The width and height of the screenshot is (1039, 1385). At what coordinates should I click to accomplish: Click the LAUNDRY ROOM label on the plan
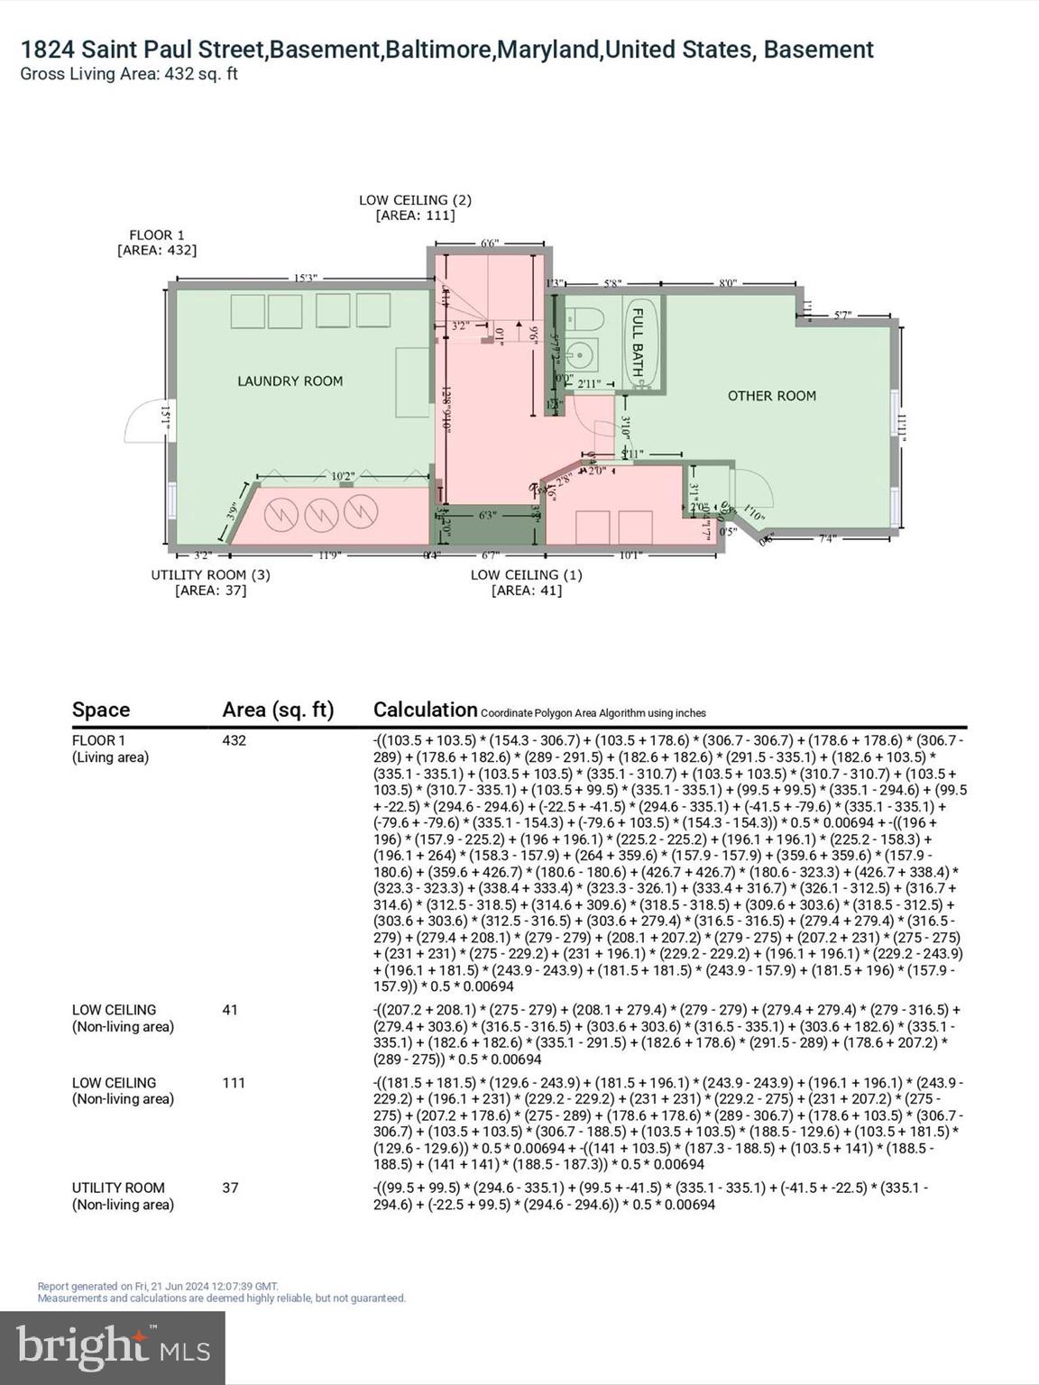[290, 381]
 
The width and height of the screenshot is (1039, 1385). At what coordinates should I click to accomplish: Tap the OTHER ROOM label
[771, 396]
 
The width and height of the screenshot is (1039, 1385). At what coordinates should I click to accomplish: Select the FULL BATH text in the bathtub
[637, 343]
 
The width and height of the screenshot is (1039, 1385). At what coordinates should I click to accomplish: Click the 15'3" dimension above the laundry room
[305, 279]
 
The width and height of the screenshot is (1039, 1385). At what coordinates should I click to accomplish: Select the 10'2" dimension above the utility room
[343, 476]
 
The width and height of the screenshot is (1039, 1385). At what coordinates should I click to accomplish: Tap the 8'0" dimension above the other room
[728, 283]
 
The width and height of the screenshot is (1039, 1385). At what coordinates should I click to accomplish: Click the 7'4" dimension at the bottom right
[826, 538]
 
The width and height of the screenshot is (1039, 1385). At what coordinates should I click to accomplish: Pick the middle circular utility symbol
[321, 515]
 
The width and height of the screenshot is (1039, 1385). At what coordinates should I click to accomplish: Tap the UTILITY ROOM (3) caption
[210, 574]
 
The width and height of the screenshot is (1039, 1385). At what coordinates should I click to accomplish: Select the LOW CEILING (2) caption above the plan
[415, 200]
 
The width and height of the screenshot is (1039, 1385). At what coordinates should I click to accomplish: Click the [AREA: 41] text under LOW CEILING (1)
[526, 591]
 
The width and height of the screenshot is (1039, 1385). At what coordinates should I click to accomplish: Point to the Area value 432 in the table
[234, 740]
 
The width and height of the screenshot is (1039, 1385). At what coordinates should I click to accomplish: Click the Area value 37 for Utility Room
[230, 1188]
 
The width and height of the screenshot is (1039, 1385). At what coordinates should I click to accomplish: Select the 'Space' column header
[101, 710]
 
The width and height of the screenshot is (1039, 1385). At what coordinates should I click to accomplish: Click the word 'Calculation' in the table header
[425, 710]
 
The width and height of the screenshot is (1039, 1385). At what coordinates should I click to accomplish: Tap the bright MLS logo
[113, 1347]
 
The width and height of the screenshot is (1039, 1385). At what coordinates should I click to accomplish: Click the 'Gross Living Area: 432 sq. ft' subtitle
[129, 74]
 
